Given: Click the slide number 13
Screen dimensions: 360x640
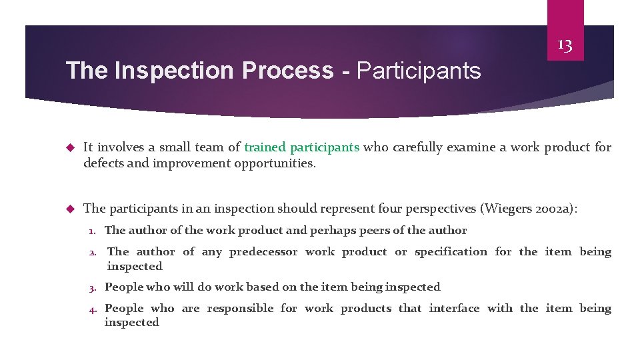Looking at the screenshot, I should click(565, 45).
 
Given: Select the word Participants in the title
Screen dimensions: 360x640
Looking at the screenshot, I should click(419, 70).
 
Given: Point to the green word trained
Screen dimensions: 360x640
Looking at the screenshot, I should click(265, 147).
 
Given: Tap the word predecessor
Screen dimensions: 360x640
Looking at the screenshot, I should click(263, 251).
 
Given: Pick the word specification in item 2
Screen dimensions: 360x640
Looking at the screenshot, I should click(451, 251).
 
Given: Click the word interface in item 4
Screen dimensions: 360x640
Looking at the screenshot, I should click(454, 308).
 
